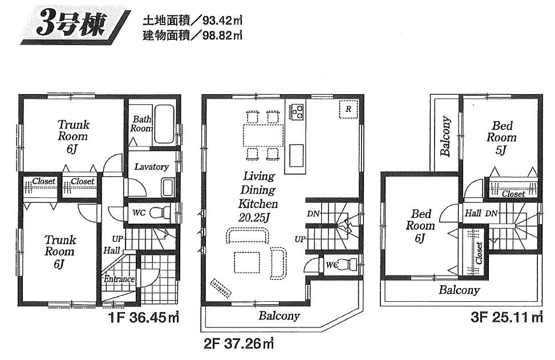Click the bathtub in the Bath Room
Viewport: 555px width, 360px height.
pyautogui.click(x=165, y=124)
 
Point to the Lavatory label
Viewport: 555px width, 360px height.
pyautogui.click(x=151, y=167)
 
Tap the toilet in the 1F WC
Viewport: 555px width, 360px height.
pyautogui.click(x=165, y=212)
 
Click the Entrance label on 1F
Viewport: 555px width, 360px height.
pyautogui.click(x=119, y=279)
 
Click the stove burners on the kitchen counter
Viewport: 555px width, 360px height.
pyautogui.click(x=296, y=111)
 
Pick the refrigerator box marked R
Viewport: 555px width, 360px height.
pyautogui.click(x=348, y=109)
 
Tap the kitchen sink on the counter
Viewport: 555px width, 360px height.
pyautogui.click(x=296, y=154)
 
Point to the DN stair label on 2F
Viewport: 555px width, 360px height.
pyautogui.click(x=313, y=214)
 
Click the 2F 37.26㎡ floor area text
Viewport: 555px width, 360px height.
pyautogui.click(x=239, y=343)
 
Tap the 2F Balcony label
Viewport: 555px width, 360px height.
pyautogui.click(x=279, y=315)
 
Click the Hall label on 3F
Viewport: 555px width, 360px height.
pyautogui.click(x=473, y=214)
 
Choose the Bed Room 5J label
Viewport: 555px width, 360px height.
pyautogui.click(x=501, y=137)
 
